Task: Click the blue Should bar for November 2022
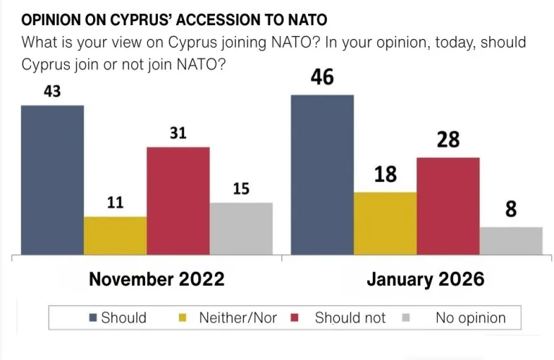[52, 180]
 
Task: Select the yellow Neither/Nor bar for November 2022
[115, 235]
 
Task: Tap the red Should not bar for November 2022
[178, 201]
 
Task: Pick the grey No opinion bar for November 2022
[241, 228]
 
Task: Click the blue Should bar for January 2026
[322, 175]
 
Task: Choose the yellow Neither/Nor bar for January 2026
[385, 223]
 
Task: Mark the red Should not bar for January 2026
[448, 206]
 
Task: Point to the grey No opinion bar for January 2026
[511, 240]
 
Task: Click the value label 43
[52, 92]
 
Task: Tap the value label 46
[322, 77]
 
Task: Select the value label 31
[178, 133]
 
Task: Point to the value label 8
[511, 209]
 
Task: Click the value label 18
[385, 174]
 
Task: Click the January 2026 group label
[425, 280]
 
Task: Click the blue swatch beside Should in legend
[92, 318]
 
